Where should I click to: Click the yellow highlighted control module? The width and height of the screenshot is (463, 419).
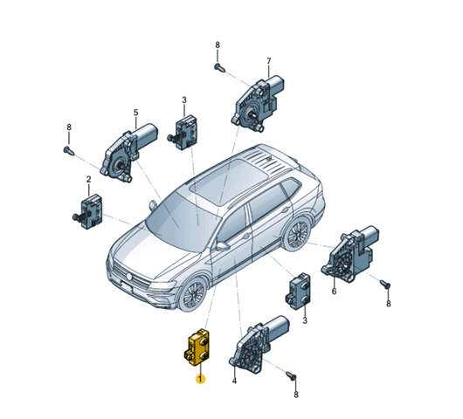click(197, 347)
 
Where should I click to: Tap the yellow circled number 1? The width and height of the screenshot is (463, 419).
click(201, 379)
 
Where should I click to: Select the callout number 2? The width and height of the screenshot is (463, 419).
click(88, 180)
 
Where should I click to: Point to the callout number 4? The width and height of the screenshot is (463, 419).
click(234, 381)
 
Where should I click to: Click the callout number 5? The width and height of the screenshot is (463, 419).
click(135, 113)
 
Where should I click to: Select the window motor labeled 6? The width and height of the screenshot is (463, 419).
click(350, 254)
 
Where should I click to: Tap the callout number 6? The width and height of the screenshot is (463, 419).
click(334, 292)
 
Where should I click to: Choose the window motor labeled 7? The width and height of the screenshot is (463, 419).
click(257, 103)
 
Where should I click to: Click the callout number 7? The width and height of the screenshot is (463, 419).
click(269, 61)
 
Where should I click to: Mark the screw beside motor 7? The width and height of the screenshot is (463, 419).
click(219, 68)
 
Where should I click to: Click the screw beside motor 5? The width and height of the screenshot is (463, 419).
click(68, 150)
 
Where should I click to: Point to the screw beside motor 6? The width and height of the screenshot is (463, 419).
click(385, 285)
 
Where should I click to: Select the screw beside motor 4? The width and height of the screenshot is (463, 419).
click(292, 375)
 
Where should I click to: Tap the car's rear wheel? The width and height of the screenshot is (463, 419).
click(298, 235)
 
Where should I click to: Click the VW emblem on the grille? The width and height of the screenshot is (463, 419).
click(129, 277)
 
